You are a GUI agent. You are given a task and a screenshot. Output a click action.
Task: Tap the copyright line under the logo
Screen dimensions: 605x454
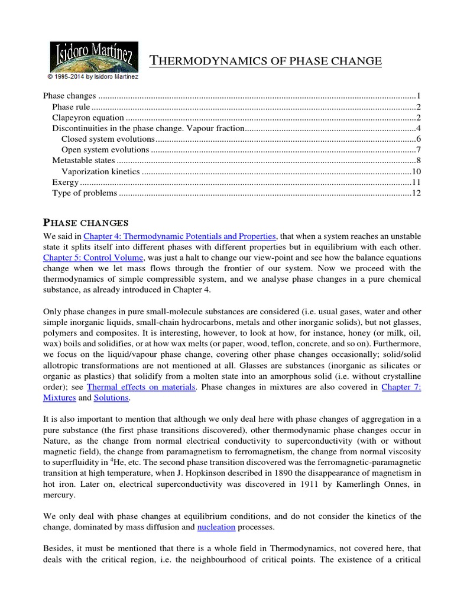(x=93, y=76)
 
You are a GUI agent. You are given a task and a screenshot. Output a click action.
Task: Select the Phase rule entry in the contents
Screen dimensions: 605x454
(x=71, y=107)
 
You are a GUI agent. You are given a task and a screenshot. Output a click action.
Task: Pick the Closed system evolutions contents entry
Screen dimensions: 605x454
(x=108, y=139)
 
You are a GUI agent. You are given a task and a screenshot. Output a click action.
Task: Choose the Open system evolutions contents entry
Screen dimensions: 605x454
(x=105, y=149)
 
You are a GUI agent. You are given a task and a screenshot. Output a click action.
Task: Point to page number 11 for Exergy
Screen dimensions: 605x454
(x=416, y=182)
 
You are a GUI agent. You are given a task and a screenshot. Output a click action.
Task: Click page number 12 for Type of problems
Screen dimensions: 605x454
(x=416, y=193)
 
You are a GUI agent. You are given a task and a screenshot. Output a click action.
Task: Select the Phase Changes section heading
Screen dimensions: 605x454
(x=86, y=222)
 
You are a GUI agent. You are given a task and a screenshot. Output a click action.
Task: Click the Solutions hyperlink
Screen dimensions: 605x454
(x=111, y=398)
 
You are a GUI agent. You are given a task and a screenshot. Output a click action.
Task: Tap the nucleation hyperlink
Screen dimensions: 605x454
(x=216, y=526)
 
